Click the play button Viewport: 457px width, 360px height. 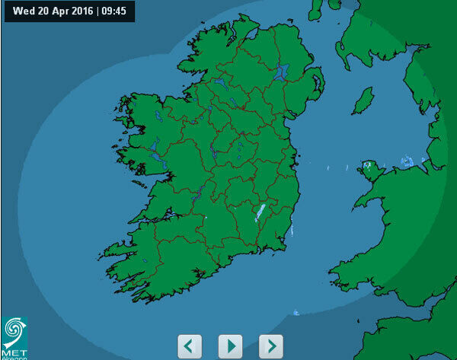pos(230,346)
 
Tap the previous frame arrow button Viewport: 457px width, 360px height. pos(190,346)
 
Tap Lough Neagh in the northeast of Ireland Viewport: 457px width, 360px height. pos(282,73)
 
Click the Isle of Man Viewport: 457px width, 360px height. pos(363,100)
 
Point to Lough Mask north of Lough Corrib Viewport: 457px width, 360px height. pos(154,144)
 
